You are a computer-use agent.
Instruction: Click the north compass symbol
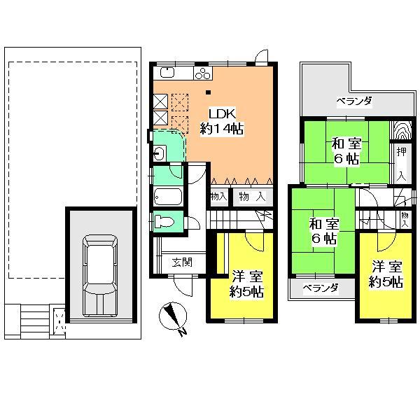pos(172,316)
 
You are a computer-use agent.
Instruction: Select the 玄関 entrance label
pos(182,262)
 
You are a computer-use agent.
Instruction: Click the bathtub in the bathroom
pos(167,196)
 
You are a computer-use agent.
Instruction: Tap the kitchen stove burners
pos(202,72)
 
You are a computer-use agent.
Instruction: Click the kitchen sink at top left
pos(167,72)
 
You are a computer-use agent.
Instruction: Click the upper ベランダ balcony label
pos(353,101)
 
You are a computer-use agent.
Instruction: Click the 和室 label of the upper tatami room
pos(346,144)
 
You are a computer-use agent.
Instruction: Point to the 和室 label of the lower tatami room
pos(325,225)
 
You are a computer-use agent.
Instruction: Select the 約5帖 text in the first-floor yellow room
pos(247,292)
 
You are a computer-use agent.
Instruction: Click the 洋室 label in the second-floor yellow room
pos(387,267)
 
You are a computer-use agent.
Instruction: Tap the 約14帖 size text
pos(220,128)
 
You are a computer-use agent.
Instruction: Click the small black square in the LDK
pos(208,90)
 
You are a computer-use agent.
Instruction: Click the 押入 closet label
pos(400,162)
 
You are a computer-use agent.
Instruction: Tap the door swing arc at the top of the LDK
pos(260,57)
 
